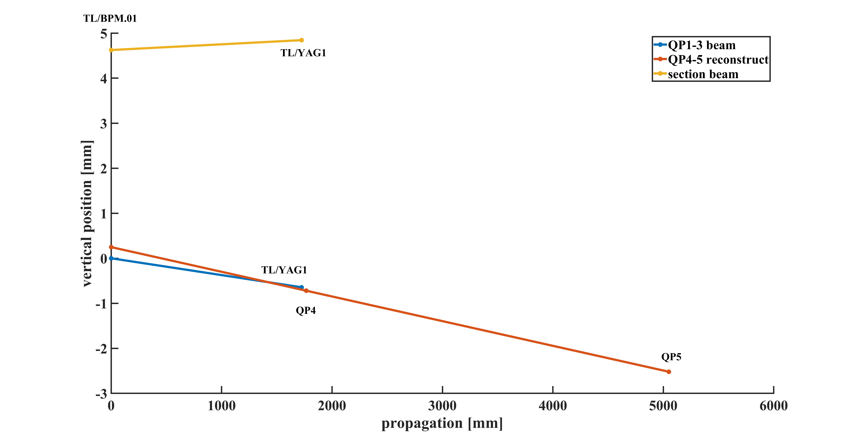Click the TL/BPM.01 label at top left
point(110,19)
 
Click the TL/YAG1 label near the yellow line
point(303,53)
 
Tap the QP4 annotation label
point(306,311)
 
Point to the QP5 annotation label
point(671,357)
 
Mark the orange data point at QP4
point(306,291)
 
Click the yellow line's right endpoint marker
point(301,40)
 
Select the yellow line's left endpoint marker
point(111,50)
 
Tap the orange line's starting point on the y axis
point(111,247)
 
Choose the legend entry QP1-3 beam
point(702,45)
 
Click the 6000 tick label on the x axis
point(773,406)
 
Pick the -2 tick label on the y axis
point(101,349)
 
